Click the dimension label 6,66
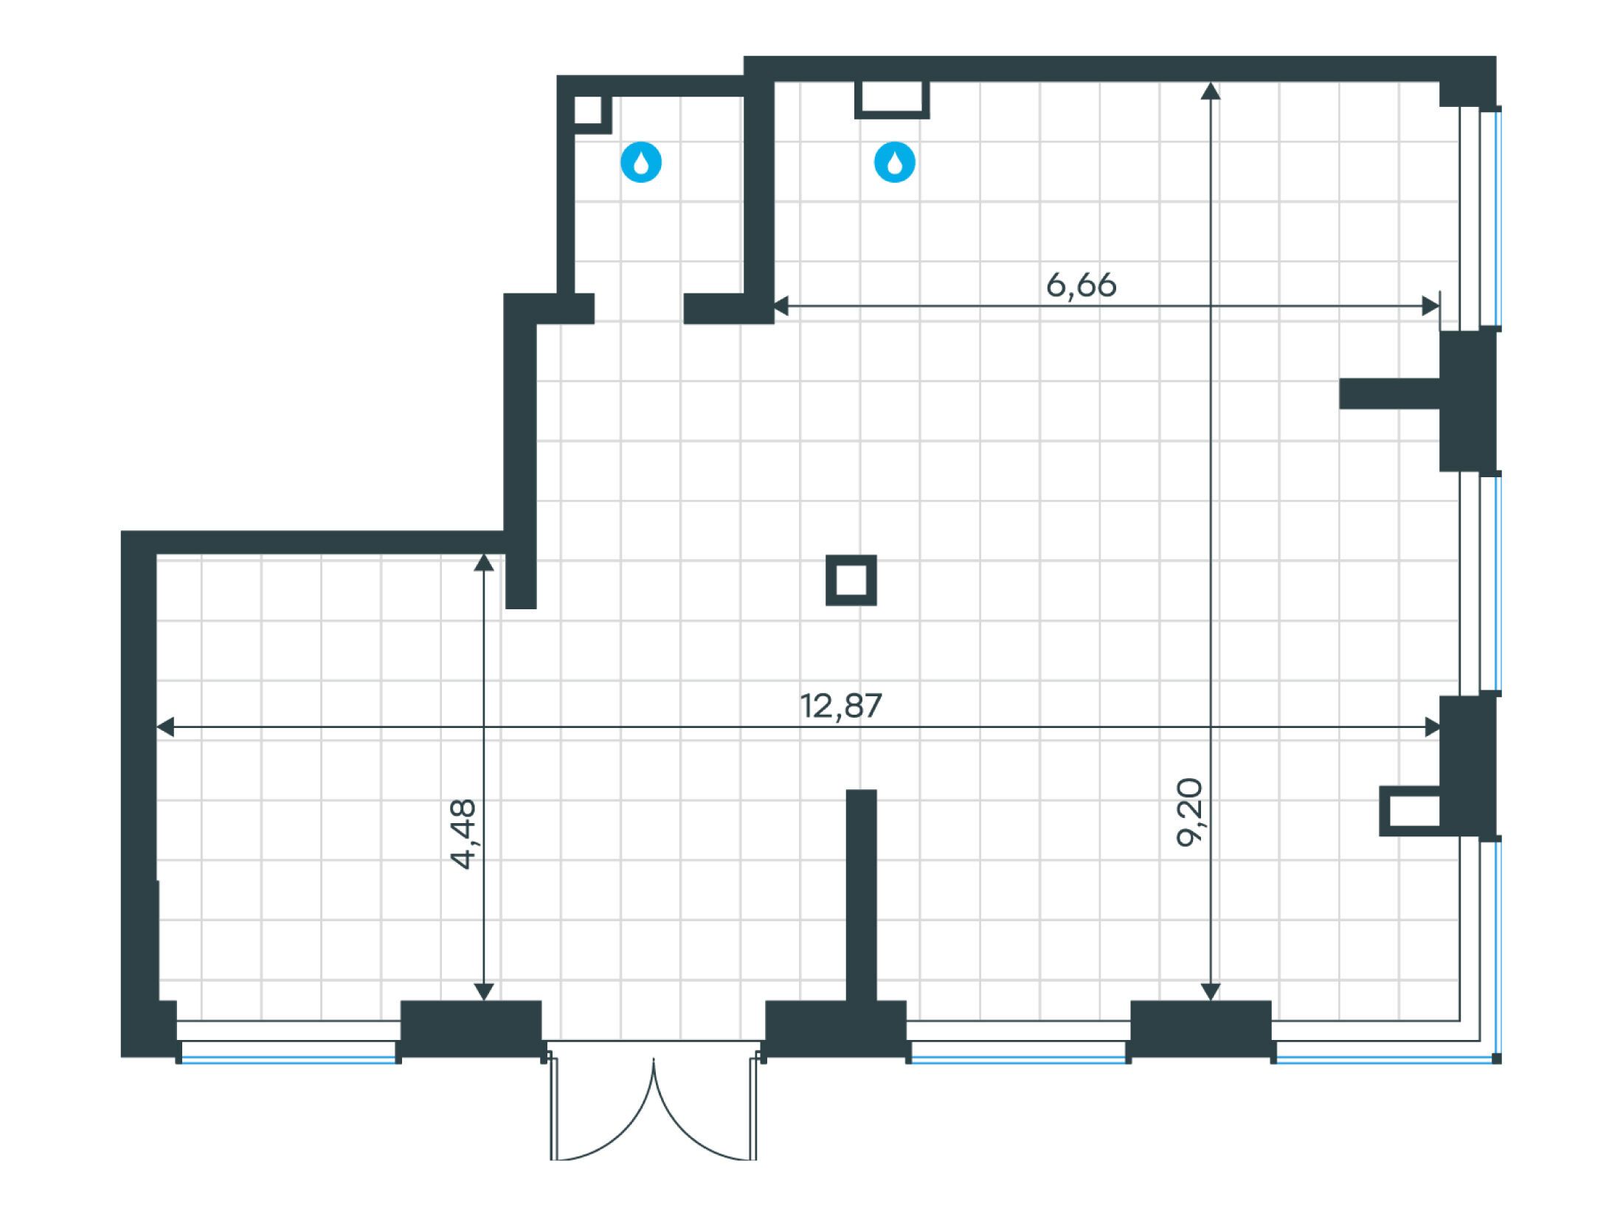click(1082, 285)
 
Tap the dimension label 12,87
click(841, 706)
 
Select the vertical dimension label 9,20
click(1189, 812)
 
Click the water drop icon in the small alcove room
click(641, 162)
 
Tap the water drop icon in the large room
click(894, 162)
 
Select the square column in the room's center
click(851, 580)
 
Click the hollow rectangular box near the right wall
click(1410, 812)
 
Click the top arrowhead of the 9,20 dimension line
click(1210, 91)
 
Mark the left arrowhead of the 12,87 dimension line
click(166, 727)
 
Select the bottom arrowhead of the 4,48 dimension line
click(483, 991)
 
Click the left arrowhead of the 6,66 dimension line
click(781, 305)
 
